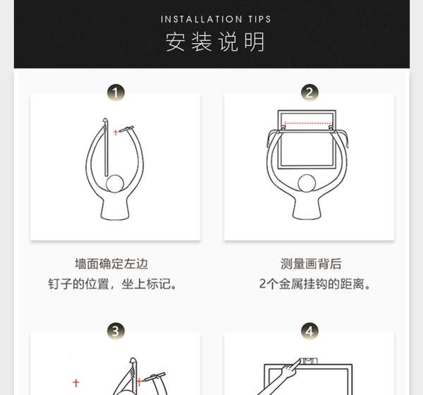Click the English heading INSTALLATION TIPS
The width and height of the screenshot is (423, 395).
click(216, 19)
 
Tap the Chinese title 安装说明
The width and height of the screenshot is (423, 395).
click(215, 42)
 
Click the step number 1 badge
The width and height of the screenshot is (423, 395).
click(116, 92)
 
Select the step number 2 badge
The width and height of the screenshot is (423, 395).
click(309, 92)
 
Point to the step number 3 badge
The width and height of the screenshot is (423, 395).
click(116, 331)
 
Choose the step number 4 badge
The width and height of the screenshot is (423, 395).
click(309, 331)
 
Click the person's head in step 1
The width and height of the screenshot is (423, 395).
click(115, 183)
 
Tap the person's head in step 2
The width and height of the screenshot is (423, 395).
click(307, 183)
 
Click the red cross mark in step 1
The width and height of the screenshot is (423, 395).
click(116, 133)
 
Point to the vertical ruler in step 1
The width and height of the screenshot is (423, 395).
click(106, 147)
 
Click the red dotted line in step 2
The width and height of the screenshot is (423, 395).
click(308, 123)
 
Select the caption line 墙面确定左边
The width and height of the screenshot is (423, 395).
click(111, 264)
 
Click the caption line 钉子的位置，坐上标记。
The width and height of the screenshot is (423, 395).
click(112, 284)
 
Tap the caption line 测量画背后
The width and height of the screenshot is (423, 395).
click(311, 264)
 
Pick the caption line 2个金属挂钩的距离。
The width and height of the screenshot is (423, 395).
click(314, 284)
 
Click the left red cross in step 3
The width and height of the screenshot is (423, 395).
click(76, 382)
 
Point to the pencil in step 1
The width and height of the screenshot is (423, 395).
click(126, 129)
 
